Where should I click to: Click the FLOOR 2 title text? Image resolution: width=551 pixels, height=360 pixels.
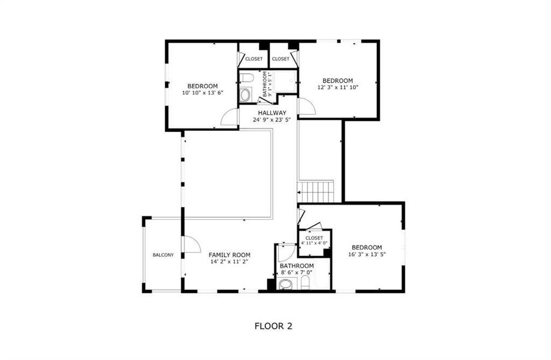click(273, 326)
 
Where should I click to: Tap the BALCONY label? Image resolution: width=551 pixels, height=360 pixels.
click(163, 255)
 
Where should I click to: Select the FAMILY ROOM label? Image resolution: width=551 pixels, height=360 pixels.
click(229, 254)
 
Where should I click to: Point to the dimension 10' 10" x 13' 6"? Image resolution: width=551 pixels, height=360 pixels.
click(202, 92)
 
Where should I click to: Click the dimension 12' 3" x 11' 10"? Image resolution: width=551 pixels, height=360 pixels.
click(337, 88)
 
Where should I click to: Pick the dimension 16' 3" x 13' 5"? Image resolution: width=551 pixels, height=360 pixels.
click(366, 254)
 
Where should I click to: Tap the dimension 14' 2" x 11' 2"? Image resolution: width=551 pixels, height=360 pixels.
click(229, 262)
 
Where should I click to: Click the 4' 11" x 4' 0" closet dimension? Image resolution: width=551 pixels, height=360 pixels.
click(314, 243)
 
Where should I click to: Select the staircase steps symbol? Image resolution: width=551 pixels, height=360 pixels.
click(316, 192)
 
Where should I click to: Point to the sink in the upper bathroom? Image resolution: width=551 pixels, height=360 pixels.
click(245, 77)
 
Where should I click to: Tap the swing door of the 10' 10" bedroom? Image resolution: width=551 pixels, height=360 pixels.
click(230, 118)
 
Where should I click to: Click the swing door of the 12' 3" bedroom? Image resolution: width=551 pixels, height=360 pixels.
click(306, 107)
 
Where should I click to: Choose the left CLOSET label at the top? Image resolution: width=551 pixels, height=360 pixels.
click(253, 59)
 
